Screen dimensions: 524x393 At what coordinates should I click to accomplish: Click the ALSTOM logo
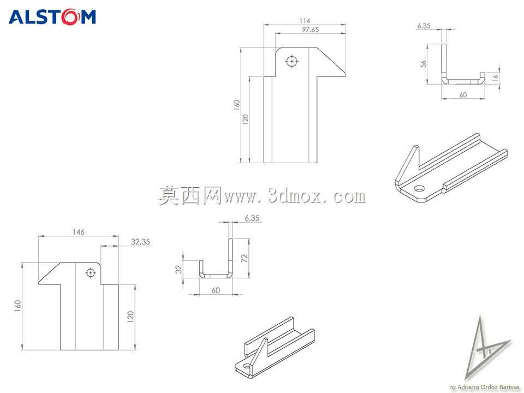click(x=52, y=17)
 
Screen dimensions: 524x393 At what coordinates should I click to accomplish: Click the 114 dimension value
click(x=305, y=21)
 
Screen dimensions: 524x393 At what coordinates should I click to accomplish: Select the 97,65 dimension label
click(x=311, y=29)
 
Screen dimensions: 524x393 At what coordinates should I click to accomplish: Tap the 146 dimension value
click(x=78, y=232)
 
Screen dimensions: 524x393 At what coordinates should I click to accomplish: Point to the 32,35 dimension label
click(x=140, y=242)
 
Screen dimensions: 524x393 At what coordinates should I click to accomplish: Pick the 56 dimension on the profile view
click(x=424, y=63)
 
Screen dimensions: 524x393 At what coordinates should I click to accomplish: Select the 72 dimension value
click(x=245, y=258)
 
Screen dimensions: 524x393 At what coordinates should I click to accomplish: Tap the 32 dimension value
click(x=179, y=269)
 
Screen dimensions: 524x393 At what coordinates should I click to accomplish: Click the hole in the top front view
click(x=292, y=62)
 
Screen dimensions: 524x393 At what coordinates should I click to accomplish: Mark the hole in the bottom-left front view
click(x=90, y=273)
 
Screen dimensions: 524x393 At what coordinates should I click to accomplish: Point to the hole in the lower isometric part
click(x=247, y=367)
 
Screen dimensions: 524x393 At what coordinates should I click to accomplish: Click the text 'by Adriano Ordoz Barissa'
click(x=484, y=387)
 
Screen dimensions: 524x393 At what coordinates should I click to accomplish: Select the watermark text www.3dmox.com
click(x=295, y=196)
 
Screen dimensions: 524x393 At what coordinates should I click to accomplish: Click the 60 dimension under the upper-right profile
click(x=463, y=95)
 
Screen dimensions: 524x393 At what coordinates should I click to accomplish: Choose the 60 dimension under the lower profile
click(x=216, y=290)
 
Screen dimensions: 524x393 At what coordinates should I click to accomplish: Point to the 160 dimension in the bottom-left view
click(x=17, y=306)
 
